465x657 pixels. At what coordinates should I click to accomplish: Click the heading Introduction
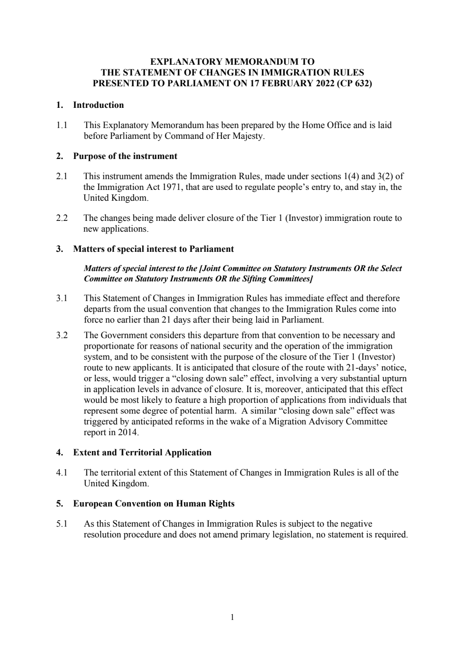click(x=99, y=105)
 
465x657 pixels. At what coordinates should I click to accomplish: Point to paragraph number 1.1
click(x=62, y=125)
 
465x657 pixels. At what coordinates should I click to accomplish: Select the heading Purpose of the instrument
click(x=125, y=156)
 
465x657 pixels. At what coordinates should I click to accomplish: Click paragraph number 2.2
click(x=62, y=218)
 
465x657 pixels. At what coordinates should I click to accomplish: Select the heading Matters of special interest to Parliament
click(x=153, y=249)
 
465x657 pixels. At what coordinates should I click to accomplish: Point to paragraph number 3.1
click(x=62, y=298)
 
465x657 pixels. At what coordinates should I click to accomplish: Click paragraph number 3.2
click(x=62, y=335)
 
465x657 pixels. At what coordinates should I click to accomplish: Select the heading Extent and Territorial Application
click(x=142, y=453)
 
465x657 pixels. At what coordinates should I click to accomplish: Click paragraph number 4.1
click(x=62, y=473)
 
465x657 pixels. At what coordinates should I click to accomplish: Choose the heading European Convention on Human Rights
click(x=154, y=504)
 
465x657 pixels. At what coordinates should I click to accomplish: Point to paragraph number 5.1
click(x=62, y=524)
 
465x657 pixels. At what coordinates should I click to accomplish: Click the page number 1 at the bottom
click(x=233, y=617)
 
